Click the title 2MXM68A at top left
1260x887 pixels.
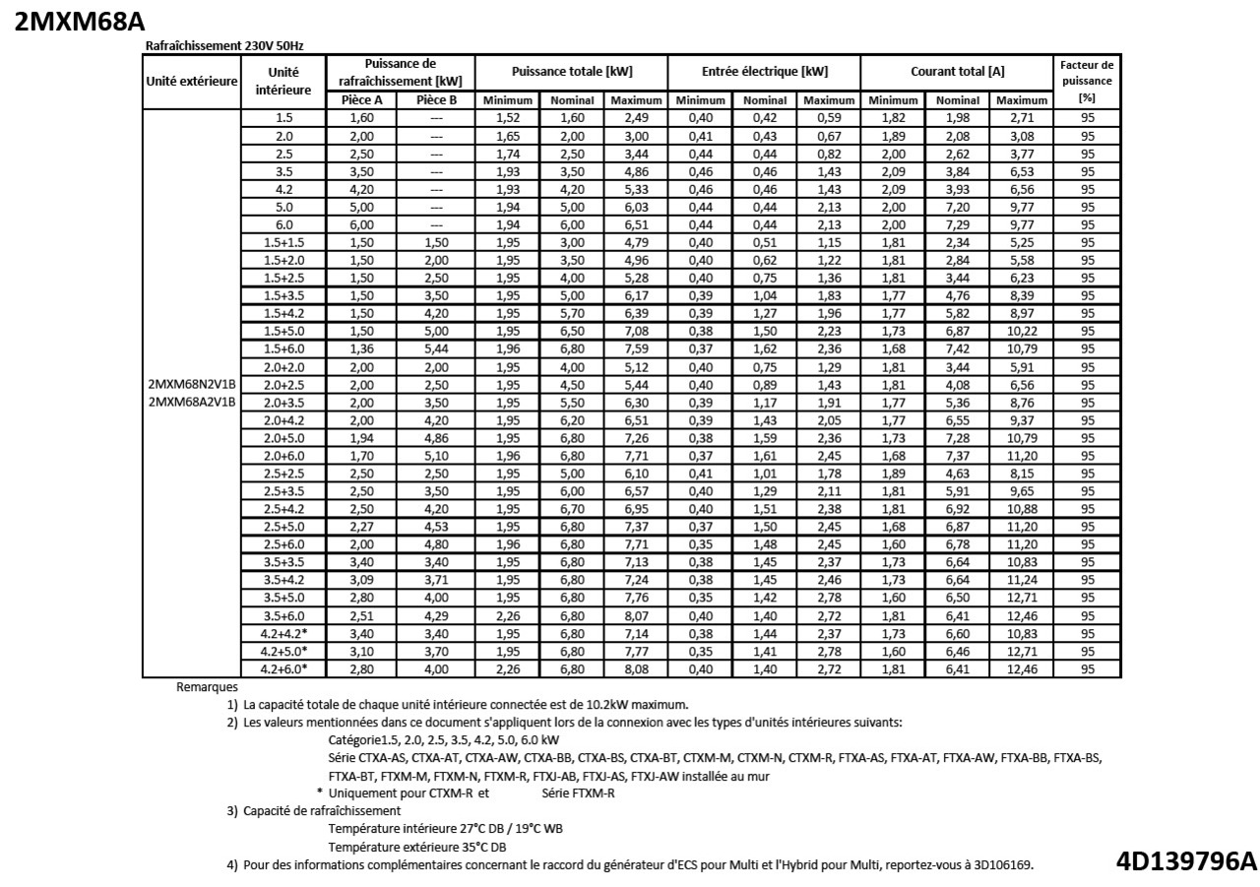(x=80, y=23)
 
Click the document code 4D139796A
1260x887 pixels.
(x=1186, y=861)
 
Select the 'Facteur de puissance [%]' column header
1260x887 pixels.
(x=1087, y=82)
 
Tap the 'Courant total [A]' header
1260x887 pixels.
(x=956, y=73)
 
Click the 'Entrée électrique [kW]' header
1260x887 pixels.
(x=764, y=73)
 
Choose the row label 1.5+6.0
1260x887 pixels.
(x=283, y=348)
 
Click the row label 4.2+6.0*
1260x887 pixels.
(x=283, y=668)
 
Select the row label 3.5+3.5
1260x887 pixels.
(x=283, y=561)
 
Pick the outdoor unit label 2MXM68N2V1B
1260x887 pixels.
(x=192, y=384)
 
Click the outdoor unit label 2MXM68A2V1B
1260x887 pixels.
(x=192, y=402)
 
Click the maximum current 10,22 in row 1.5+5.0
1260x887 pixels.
(x=1022, y=331)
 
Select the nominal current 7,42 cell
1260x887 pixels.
(x=957, y=348)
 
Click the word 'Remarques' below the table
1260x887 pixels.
(x=208, y=686)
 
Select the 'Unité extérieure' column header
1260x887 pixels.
(x=192, y=81)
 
